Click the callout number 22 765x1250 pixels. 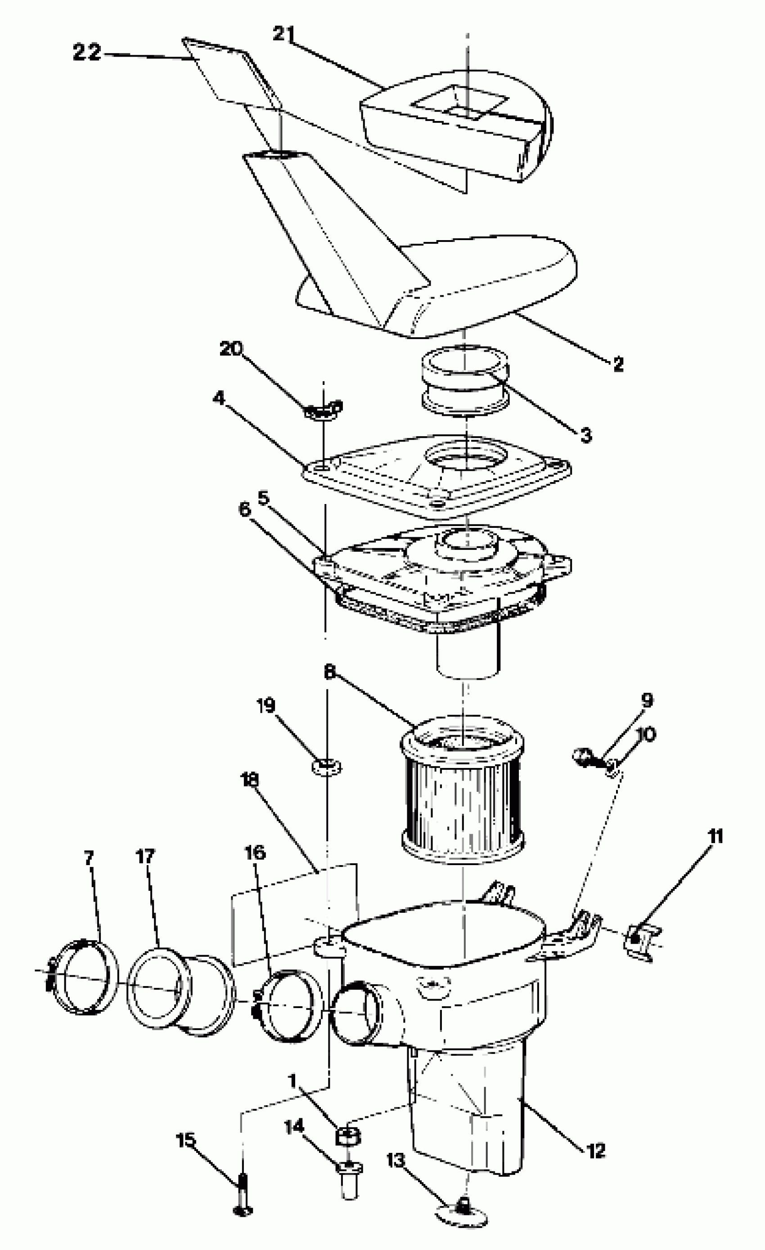pos(87,52)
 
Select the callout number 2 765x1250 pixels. pos(618,364)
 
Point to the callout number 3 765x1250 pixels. pos(586,435)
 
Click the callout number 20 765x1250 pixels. pos(231,348)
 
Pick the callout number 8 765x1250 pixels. pos(329,672)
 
